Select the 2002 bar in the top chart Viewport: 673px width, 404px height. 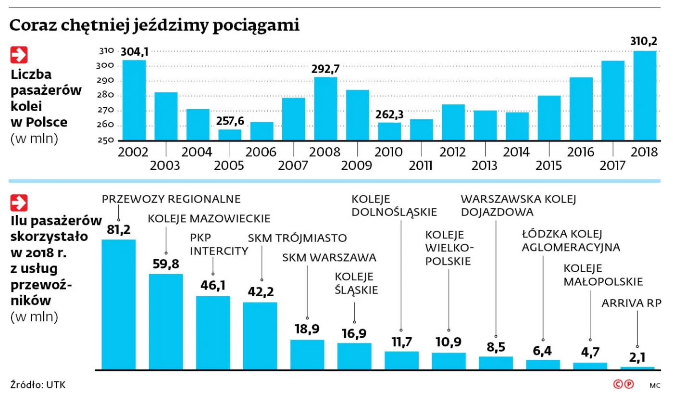(x=134, y=100)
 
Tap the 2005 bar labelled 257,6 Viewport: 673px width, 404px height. (x=230, y=135)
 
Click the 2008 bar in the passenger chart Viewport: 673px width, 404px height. (x=325, y=109)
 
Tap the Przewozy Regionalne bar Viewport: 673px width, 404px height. (x=118, y=304)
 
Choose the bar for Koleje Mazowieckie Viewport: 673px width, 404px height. (x=166, y=321)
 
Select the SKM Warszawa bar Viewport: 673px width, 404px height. (x=307, y=354)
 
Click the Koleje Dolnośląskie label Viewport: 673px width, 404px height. (x=394, y=205)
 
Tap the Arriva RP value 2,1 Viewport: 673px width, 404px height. (x=637, y=357)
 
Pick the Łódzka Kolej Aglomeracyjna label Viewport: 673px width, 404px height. (x=571, y=241)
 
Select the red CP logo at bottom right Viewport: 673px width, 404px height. (x=623, y=384)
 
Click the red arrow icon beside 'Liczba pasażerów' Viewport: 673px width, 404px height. (x=19, y=55)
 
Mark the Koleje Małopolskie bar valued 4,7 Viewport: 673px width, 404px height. (x=590, y=366)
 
